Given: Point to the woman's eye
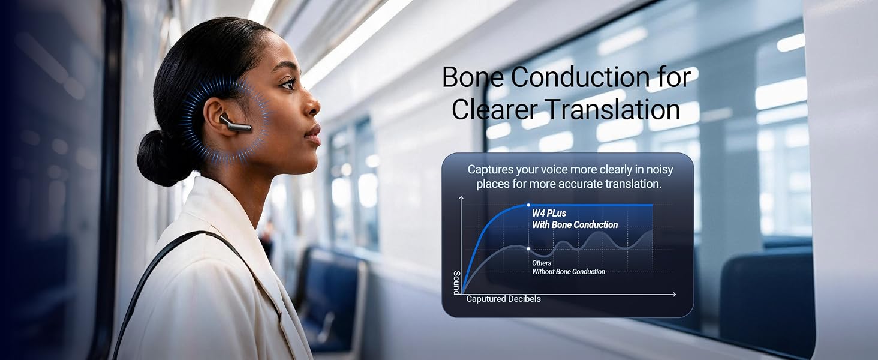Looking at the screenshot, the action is point(288,84).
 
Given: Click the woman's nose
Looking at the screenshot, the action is point(312,105).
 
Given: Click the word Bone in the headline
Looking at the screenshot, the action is point(473,77).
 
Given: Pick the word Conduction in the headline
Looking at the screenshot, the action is point(580,77).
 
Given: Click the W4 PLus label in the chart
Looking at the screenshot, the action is point(549,214).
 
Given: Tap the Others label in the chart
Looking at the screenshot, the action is point(542,263).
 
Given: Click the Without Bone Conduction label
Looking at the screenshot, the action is point(569,271).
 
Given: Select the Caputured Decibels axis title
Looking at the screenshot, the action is point(503,299).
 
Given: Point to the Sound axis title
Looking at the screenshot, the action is point(456,283).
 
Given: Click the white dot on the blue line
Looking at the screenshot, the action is point(528,205).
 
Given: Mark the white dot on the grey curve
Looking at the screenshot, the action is point(528,248).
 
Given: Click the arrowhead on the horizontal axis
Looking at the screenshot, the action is point(674,294).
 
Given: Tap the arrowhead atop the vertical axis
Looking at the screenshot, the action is point(461,199).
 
